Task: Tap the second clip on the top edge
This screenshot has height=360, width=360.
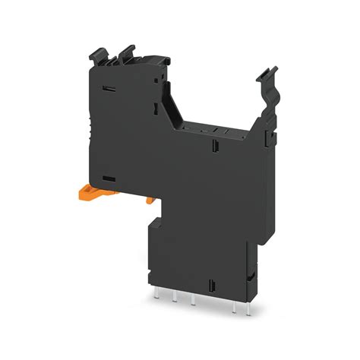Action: tap(126, 52)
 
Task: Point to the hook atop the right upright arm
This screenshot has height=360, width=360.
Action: tap(266, 74)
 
